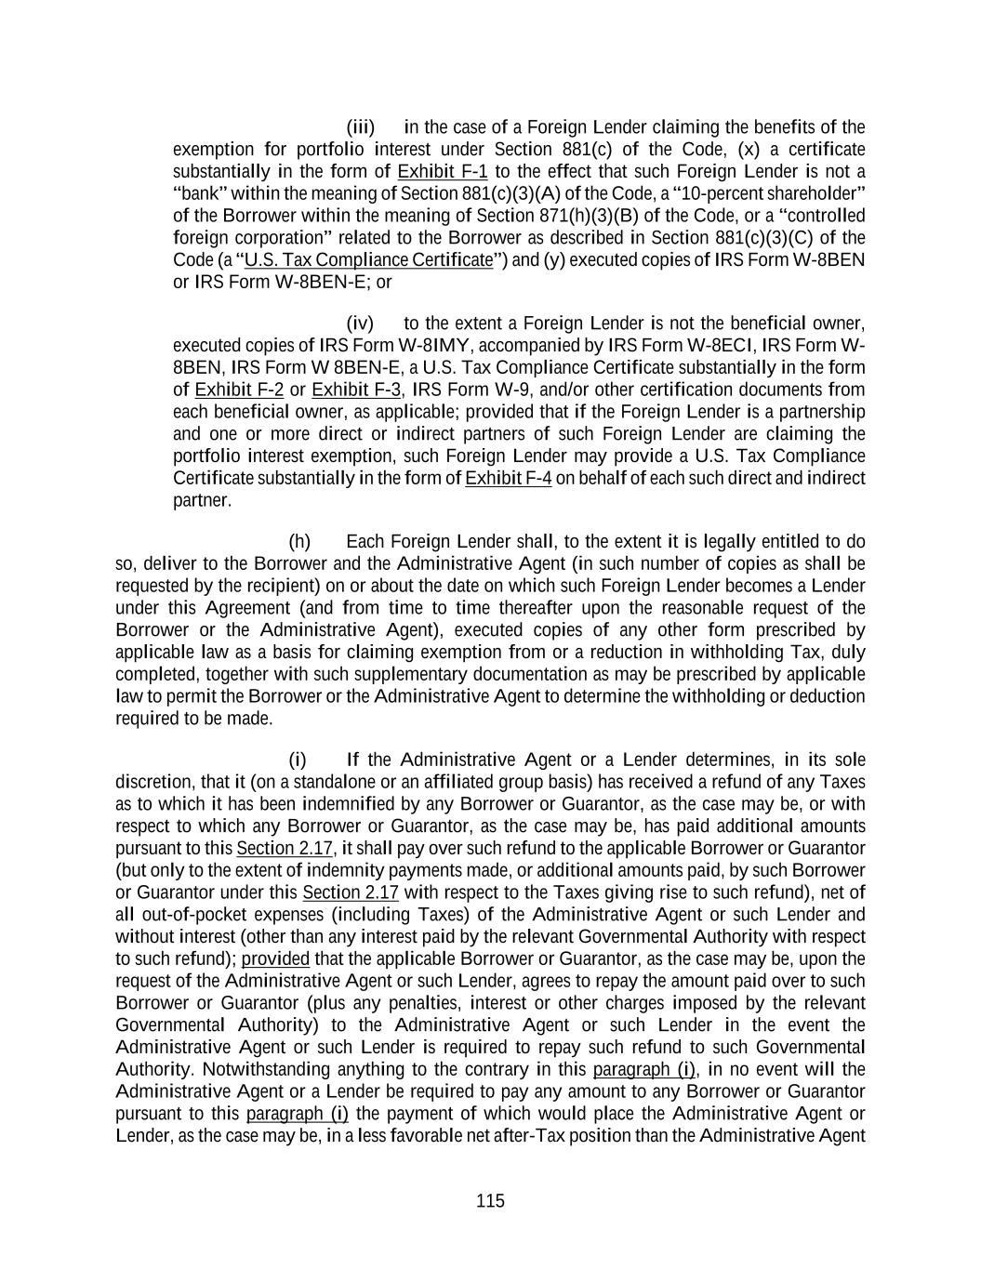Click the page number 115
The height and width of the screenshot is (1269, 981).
490,1201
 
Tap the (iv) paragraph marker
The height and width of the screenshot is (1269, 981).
360,324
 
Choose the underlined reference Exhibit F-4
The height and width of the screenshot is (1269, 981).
508,479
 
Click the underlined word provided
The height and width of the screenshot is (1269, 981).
275,959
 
